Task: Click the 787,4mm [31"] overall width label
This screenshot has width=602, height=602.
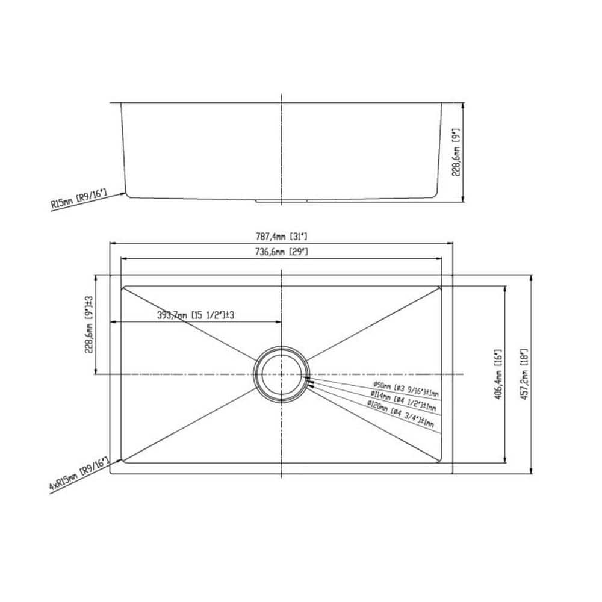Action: (282, 237)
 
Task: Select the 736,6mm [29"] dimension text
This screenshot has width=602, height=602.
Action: (282, 252)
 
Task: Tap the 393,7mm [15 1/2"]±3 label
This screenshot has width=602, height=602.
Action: (195, 315)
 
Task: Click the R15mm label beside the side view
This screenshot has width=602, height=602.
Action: (79, 199)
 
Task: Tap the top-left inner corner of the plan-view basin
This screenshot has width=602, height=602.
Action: (124, 288)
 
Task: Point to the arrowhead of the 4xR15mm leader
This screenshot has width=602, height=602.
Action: (123, 461)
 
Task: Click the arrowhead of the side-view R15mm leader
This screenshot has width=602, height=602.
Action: (125, 193)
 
